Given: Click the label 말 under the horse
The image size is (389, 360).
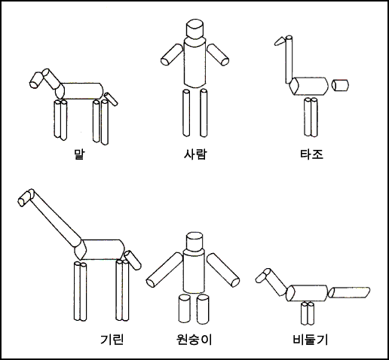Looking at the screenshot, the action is pyautogui.click(x=79, y=154).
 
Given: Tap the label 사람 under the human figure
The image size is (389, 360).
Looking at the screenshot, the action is pyautogui.click(x=195, y=154).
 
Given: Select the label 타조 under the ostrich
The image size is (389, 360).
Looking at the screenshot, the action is pyautogui.click(x=311, y=154).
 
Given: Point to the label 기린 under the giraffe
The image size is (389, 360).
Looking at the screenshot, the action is pyautogui.click(x=112, y=339).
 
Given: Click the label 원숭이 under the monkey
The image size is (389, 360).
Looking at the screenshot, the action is pyautogui.click(x=194, y=339).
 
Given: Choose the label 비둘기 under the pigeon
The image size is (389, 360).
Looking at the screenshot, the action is pyautogui.click(x=311, y=339).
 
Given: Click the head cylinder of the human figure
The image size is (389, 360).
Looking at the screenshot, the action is pyautogui.click(x=194, y=29).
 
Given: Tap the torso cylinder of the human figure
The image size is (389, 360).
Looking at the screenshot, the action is pyautogui.click(x=194, y=63).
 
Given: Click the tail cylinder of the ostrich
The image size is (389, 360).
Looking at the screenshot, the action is pyautogui.click(x=340, y=85).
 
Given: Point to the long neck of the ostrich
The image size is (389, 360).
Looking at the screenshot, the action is pyautogui.click(x=289, y=59).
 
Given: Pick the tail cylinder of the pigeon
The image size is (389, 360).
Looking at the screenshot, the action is pyautogui.click(x=349, y=292).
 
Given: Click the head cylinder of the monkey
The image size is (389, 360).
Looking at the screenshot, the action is pyautogui.click(x=194, y=242).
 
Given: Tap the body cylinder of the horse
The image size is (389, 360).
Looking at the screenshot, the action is pyautogui.click(x=79, y=91).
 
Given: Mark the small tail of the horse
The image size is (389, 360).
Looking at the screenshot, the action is pyautogui.click(x=111, y=99).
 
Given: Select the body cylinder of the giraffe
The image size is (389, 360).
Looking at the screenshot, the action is pyautogui.click(x=100, y=249).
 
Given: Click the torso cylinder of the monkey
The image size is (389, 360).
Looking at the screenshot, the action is pyautogui.click(x=194, y=271).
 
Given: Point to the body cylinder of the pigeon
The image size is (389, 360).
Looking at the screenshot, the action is pyautogui.click(x=307, y=293).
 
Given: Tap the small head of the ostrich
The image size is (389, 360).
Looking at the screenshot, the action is pyautogui.click(x=280, y=41).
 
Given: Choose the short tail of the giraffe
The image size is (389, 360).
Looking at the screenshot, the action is pyautogui.click(x=133, y=260).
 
